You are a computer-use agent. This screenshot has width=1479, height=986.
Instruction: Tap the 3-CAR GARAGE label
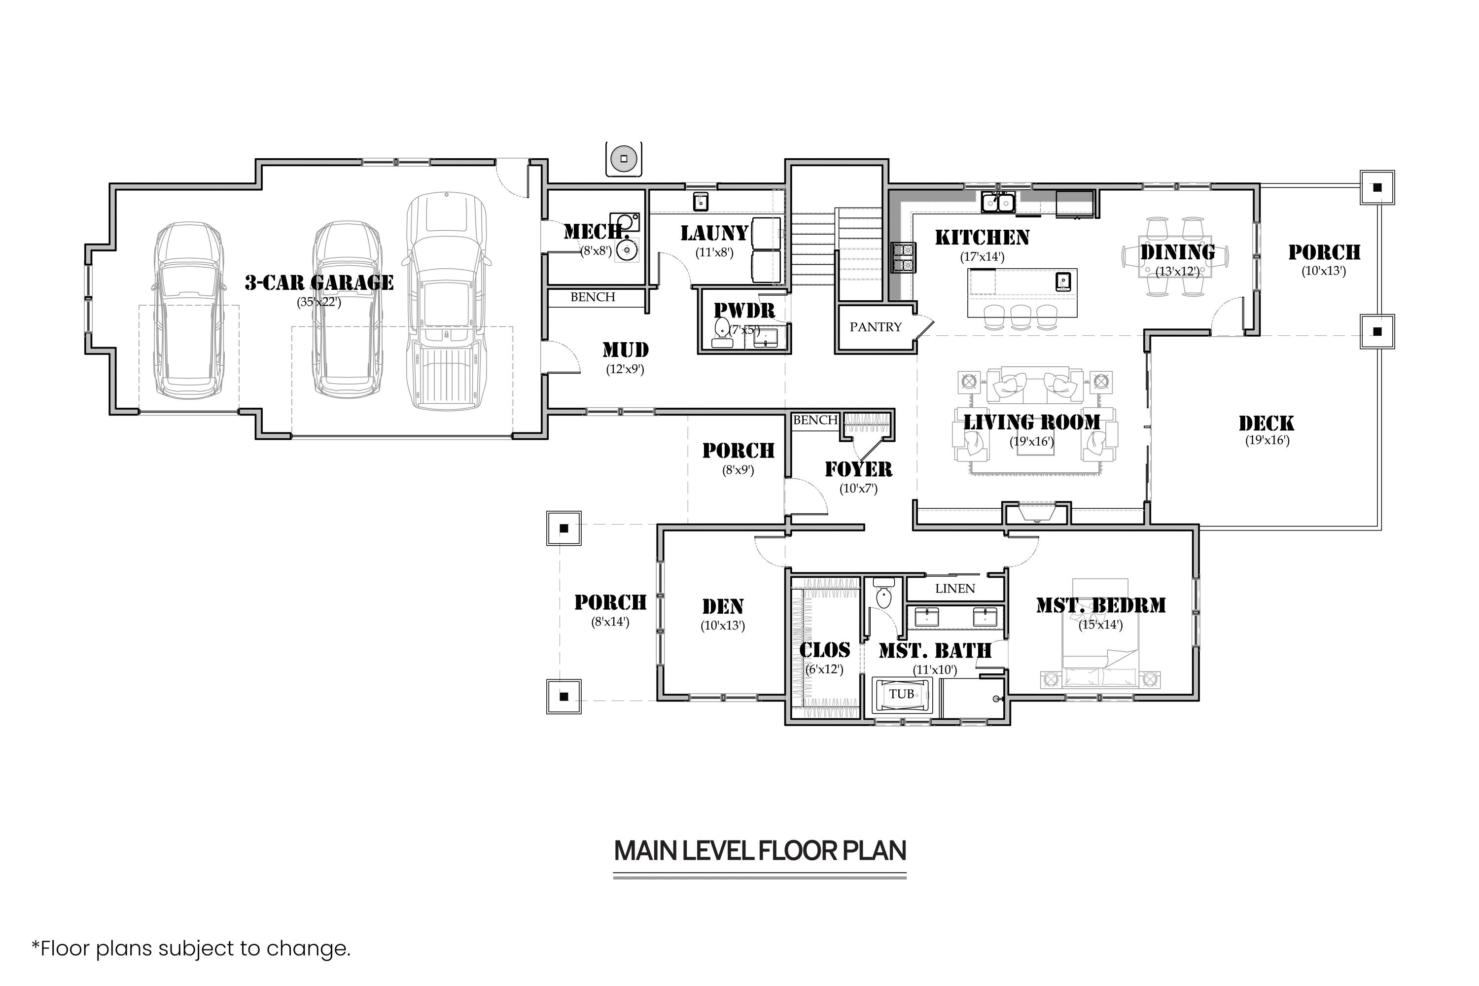coord(319,283)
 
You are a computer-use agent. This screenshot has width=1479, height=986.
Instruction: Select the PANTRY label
coord(876,327)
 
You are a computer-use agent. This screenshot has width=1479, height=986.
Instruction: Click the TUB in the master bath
coord(902,694)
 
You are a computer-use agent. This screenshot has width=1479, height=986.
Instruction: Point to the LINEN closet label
coord(954,589)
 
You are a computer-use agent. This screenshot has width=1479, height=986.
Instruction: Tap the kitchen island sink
coord(1063,281)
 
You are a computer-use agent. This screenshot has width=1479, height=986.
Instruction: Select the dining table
coord(1176,256)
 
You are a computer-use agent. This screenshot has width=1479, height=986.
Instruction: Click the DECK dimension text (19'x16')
coord(1267,440)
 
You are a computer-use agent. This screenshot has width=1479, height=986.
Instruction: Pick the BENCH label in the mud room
coord(593,297)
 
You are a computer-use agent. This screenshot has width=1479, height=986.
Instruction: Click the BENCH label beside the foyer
coord(815,420)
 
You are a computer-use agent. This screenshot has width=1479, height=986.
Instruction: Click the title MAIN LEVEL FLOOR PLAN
coord(760,851)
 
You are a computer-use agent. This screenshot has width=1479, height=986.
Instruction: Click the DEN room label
coord(723,607)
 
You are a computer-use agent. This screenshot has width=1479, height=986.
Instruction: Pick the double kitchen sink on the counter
coord(998,203)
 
